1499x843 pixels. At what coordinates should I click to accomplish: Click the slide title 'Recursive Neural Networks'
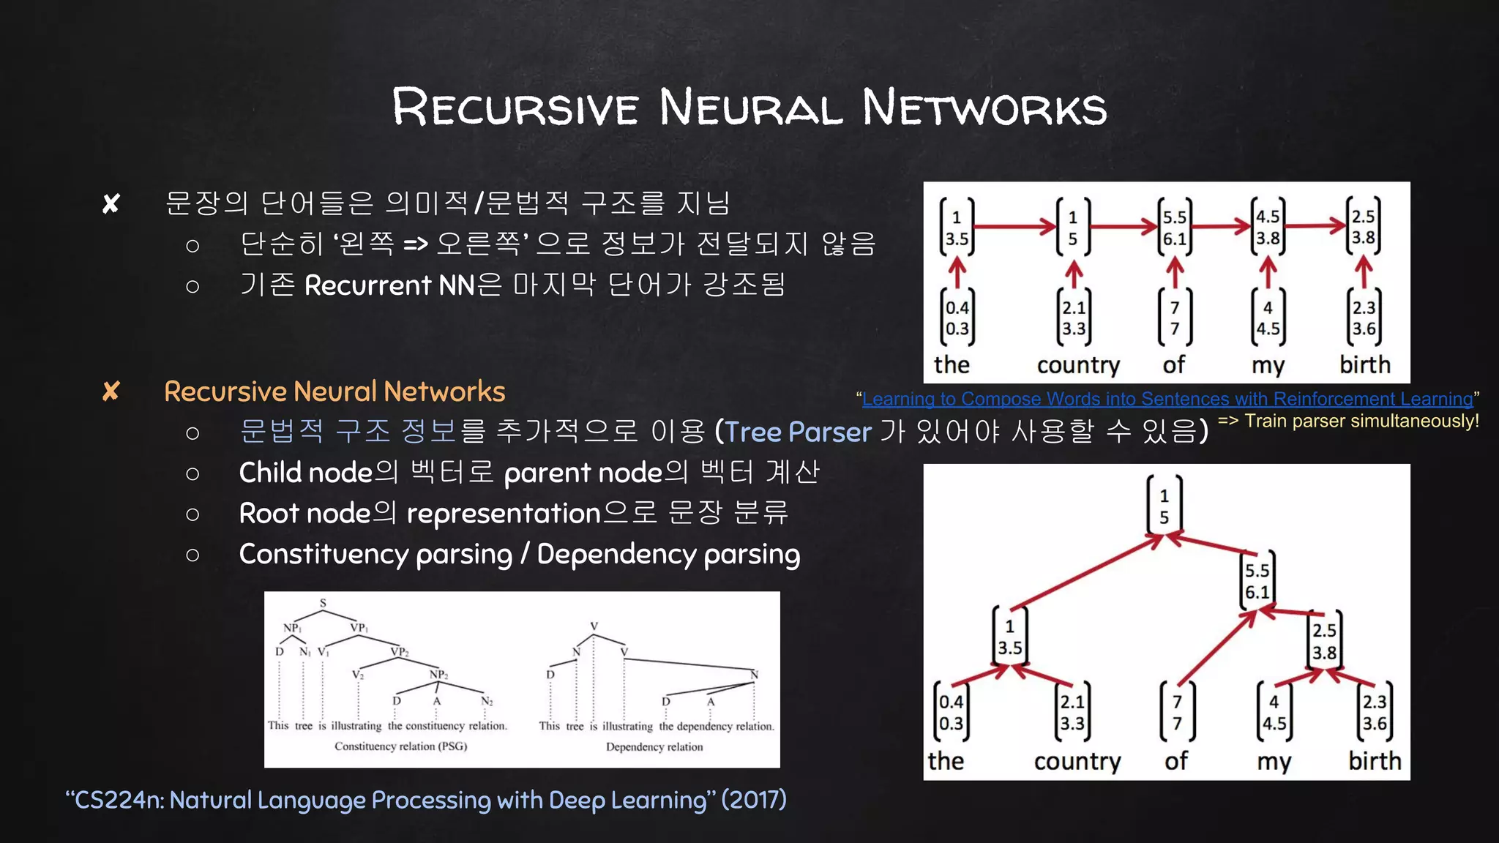749,107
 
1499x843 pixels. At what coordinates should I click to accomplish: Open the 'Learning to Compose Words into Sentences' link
1167,399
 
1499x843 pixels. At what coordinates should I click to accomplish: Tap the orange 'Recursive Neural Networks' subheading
334,391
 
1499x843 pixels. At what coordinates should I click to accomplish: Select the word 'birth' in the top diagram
1364,364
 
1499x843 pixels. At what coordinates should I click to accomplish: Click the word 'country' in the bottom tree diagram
1077,761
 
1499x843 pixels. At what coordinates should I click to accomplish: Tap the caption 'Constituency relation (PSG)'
400,746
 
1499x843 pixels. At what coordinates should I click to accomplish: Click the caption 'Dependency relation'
654,747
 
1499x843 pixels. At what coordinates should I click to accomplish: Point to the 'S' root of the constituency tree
323,603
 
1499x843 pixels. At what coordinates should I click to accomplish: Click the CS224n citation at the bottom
426,800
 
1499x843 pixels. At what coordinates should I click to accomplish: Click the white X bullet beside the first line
111,203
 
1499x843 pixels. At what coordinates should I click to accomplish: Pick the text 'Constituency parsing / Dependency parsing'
519,555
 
